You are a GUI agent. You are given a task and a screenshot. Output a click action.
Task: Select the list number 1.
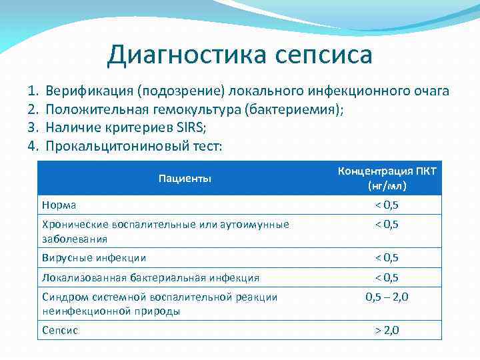click(32, 91)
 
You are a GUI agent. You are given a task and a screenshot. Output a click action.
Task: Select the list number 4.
click(32, 145)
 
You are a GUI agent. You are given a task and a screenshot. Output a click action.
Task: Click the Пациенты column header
click(185, 178)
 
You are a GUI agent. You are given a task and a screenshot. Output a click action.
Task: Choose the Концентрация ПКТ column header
click(387, 171)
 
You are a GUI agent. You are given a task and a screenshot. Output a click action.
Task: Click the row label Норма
click(59, 205)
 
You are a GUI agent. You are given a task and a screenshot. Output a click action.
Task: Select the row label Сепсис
click(60, 330)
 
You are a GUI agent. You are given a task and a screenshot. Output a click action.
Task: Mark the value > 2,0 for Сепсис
click(387, 329)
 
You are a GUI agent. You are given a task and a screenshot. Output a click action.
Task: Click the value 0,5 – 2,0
click(387, 297)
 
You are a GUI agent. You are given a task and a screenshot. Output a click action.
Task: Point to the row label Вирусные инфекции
click(93, 257)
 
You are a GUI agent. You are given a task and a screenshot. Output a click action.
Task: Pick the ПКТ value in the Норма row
click(387, 205)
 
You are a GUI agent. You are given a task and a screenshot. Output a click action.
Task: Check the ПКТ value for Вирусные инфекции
click(387, 257)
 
